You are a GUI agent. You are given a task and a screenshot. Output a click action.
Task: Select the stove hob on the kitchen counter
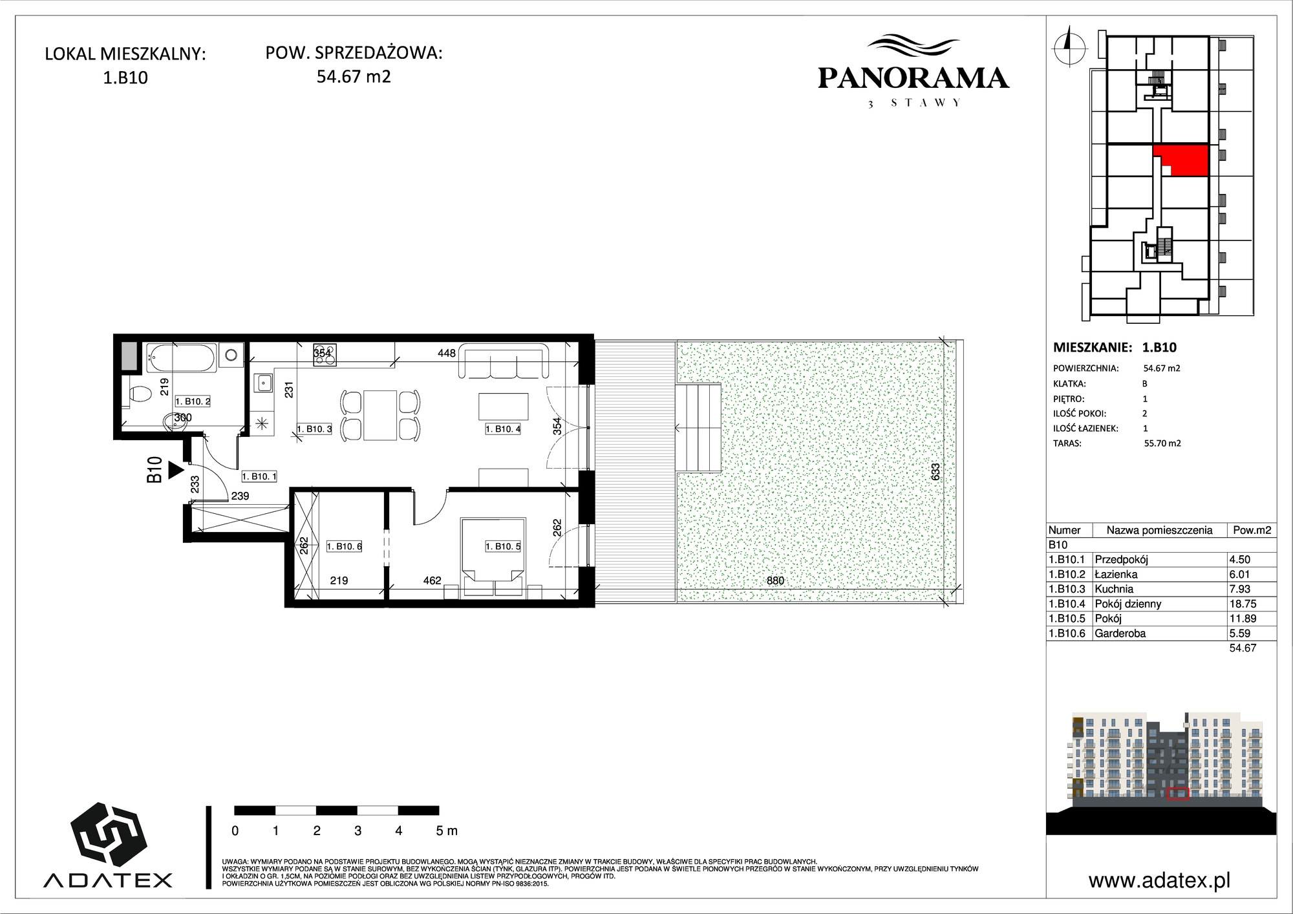[x=325, y=354]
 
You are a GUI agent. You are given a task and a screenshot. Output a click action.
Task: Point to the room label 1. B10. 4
[x=503, y=429]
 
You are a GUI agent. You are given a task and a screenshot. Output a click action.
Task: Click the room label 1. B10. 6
[x=344, y=546]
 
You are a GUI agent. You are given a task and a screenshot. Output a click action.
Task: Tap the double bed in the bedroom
[x=492, y=555]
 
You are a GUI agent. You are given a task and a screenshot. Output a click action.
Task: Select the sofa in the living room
[x=504, y=361]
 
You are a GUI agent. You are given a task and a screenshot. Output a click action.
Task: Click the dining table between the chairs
[x=380, y=414]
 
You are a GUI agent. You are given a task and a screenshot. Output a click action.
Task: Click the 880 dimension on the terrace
[x=775, y=580]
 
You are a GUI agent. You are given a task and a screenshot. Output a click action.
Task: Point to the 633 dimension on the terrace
[x=935, y=472]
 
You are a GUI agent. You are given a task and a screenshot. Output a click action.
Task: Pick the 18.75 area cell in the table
[x=1240, y=604]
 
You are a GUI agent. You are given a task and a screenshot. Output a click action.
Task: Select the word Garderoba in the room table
[x=1120, y=633]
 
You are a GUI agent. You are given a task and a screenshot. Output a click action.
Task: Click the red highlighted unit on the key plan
[x=1181, y=160]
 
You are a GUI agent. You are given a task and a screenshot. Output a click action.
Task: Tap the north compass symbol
[x=1069, y=45]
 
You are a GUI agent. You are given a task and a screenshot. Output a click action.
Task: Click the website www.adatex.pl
[x=1159, y=880]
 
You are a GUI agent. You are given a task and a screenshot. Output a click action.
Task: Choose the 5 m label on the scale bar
[x=447, y=831]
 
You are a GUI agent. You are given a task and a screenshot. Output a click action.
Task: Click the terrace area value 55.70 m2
[x=1162, y=443]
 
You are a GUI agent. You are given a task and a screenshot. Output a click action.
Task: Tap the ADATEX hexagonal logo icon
[x=109, y=836]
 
